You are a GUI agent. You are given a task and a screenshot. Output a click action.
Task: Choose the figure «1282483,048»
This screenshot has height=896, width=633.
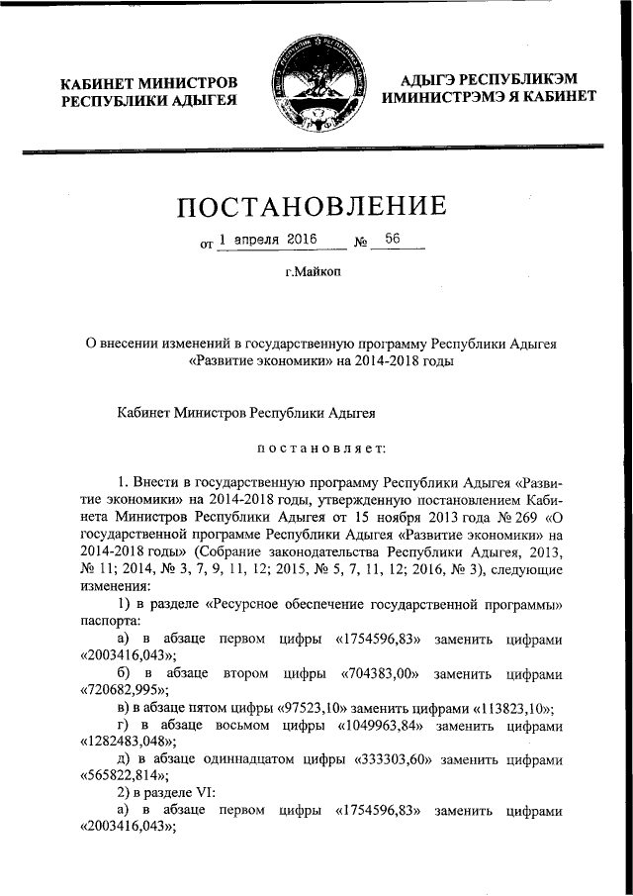(127, 743)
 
